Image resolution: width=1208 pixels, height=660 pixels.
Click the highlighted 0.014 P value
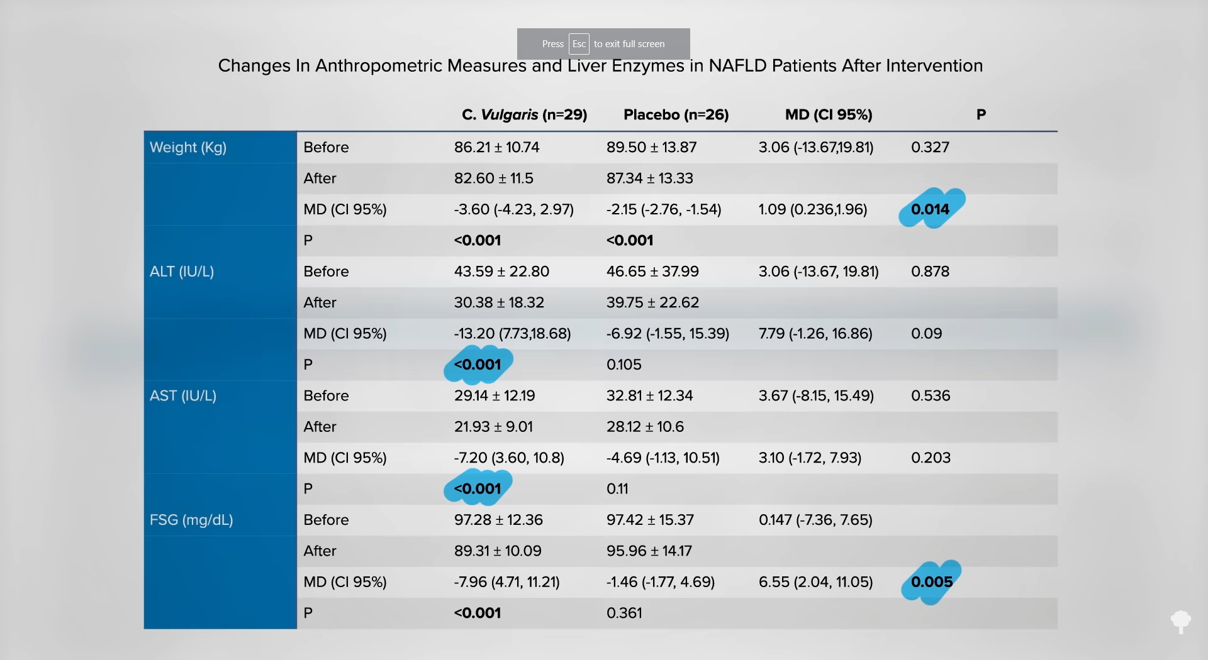click(930, 209)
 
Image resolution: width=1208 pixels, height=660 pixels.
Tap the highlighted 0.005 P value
click(932, 582)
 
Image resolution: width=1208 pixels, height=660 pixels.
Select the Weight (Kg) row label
click(188, 148)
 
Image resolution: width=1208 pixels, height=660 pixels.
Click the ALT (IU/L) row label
click(182, 272)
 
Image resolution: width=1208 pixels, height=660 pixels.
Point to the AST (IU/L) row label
click(183, 396)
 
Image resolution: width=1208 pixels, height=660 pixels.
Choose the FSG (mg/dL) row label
click(191, 520)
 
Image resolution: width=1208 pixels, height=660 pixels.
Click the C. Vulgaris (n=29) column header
click(524, 115)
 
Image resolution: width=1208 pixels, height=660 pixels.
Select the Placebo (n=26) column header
click(676, 115)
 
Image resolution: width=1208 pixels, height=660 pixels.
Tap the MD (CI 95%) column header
click(829, 115)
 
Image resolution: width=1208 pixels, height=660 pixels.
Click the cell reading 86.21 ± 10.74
click(496, 148)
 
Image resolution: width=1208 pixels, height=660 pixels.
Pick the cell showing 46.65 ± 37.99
click(652, 272)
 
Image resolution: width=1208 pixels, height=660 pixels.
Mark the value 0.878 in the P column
click(930, 272)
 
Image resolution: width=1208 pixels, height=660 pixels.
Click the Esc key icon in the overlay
click(579, 44)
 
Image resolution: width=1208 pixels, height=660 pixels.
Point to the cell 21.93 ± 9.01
click(493, 427)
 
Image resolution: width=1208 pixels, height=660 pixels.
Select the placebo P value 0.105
click(624, 365)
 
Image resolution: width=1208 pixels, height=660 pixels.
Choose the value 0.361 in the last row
click(624, 613)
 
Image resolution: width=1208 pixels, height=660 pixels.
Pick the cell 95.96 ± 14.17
click(649, 551)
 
